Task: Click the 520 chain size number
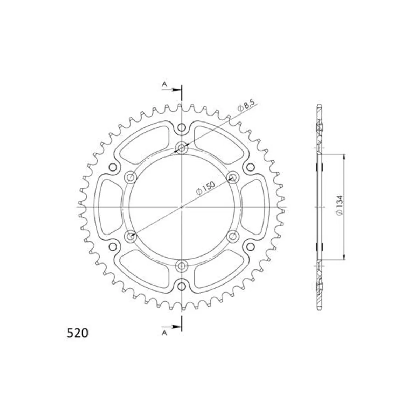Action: [77, 339]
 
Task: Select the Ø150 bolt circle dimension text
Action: [205, 188]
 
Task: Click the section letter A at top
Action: [164, 84]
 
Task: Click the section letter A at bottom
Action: [164, 339]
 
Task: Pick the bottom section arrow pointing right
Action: [172, 333]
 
